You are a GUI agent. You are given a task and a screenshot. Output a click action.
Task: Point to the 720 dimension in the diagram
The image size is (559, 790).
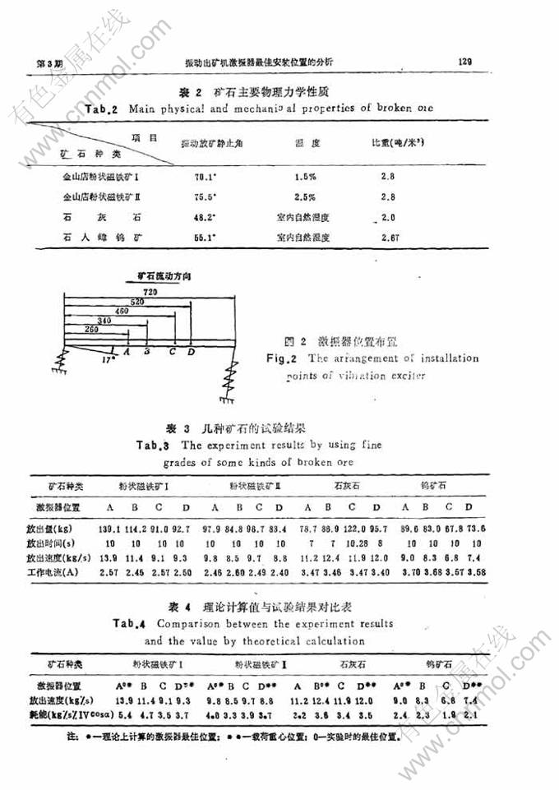pyautogui.click(x=150, y=293)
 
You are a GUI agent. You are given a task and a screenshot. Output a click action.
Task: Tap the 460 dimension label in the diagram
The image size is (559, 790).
pyautogui.click(x=122, y=312)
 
